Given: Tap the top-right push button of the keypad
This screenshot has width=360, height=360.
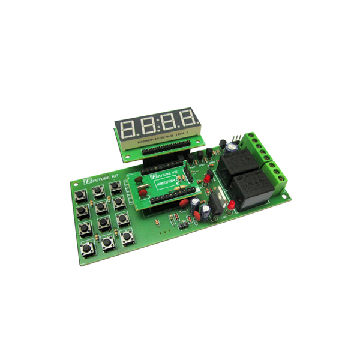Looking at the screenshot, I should (x=115, y=188).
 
